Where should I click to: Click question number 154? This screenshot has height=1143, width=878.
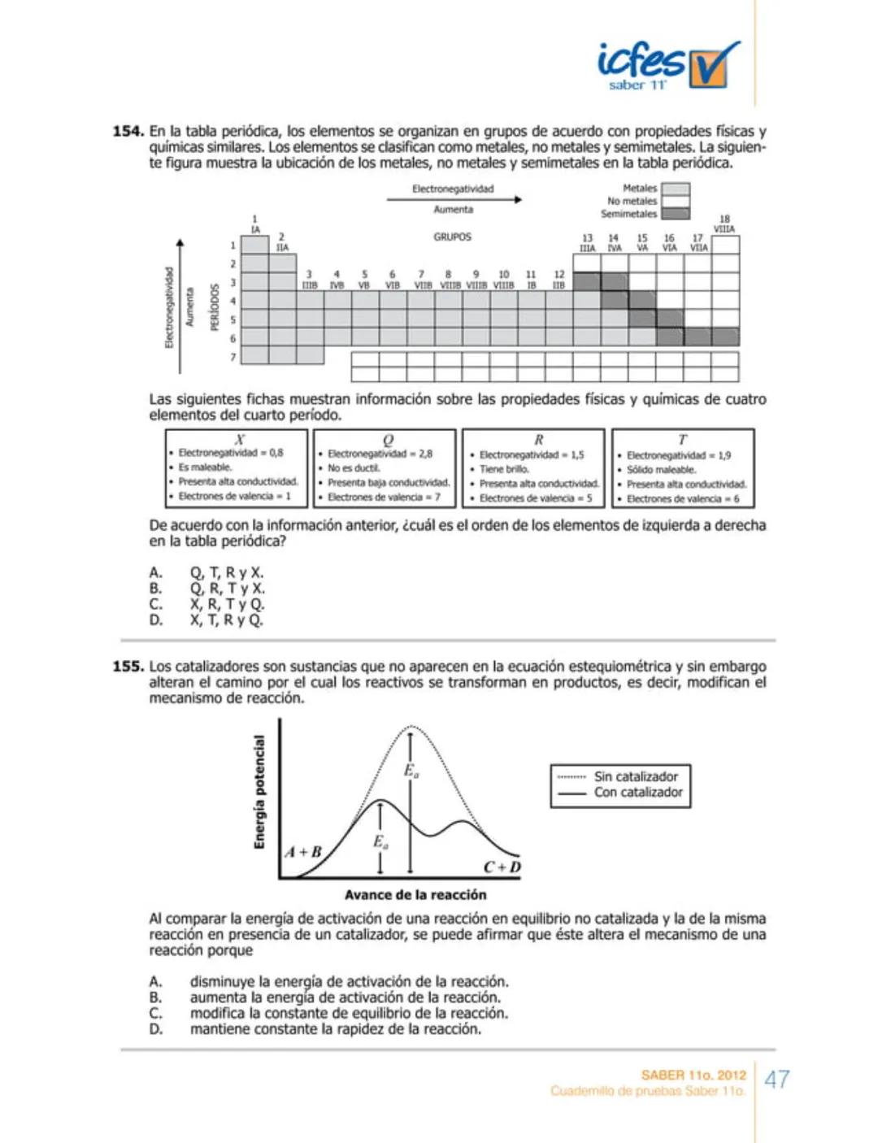tap(128, 132)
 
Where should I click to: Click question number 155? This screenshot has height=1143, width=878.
tap(128, 667)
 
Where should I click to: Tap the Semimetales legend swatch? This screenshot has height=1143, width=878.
tap(675, 214)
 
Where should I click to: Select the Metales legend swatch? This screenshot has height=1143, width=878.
tap(675, 189)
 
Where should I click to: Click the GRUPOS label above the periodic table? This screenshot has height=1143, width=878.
tap(452, 237)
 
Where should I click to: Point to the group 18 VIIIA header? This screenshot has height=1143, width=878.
tap(724, 224)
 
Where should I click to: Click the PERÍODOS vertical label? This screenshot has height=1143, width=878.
tap(215, 306)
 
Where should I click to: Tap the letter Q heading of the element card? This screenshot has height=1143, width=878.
tap(388, 440)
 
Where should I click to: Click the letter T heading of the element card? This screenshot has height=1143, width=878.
tap(682, 440)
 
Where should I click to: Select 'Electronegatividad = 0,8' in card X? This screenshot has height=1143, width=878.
tap(230, 453)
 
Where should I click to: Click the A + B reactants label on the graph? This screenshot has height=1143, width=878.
tap(303, 852)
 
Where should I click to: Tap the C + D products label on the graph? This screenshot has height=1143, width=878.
tap(502, 867)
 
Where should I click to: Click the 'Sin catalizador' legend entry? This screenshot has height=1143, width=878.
tap(635, 776)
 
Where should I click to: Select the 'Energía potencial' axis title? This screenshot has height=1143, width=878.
tap(259, 793)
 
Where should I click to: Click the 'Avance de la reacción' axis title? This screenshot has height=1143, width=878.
tap(415, 895)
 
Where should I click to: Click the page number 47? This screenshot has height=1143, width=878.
tap(777, 1080)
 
